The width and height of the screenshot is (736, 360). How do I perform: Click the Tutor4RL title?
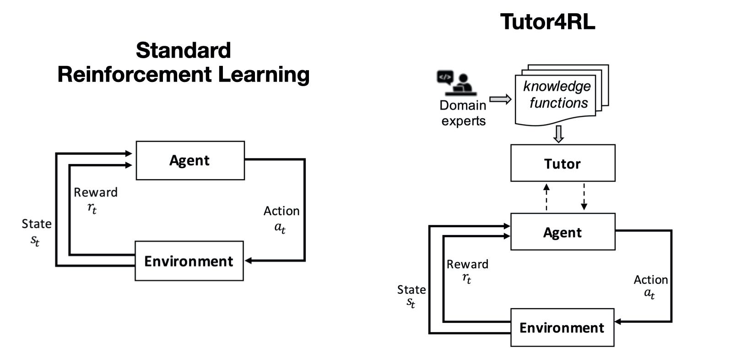coord(547,22)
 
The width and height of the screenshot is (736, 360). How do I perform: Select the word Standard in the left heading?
coord(183,50)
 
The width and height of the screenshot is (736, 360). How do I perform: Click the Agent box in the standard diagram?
coord(190,160)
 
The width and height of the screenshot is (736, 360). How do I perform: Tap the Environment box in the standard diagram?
coord(189,261)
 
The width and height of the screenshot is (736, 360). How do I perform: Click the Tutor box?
coord(563,164)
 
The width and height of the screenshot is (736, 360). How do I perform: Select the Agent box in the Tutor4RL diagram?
coord(563,232)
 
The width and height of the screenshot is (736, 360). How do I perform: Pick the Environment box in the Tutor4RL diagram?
coord(562,327)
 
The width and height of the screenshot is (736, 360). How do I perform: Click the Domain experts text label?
coord(463,113)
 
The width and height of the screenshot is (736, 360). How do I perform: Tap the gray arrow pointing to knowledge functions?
coord(500,99)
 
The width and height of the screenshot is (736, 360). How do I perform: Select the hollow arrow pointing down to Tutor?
coord(558,134)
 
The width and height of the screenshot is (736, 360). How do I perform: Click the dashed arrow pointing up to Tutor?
coord(546,197)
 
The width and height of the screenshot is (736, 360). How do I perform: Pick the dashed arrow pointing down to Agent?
coord(584,197)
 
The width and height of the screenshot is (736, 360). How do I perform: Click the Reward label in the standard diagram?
coord(95,193)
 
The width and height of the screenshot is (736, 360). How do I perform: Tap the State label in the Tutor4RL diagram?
coord(411,290)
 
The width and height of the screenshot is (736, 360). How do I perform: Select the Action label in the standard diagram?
coord(281,211)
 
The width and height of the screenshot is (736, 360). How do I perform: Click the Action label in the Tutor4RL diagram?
coord(650,280)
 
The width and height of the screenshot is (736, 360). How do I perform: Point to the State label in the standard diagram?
coord(36,224)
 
